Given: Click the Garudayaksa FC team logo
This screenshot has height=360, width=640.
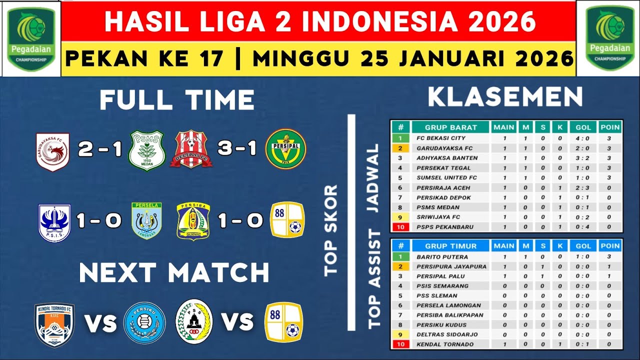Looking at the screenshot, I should click(52, 150).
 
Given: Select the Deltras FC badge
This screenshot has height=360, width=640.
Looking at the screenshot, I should click(190, 149).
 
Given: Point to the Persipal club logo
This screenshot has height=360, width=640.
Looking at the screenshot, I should click(285, 149).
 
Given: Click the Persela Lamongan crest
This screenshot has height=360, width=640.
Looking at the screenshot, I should click(146, 221).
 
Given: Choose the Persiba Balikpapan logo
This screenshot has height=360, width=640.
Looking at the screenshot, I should click(193, 221).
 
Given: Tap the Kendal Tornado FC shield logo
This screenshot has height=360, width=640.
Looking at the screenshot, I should click(54, 324).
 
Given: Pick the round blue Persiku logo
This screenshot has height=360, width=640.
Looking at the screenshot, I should click(144, 323).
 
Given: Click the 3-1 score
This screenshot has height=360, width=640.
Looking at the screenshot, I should click(238, 149).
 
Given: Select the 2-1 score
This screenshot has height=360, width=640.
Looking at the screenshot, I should click(100, 149).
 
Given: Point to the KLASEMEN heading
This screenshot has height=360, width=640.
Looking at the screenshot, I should click(505, 97).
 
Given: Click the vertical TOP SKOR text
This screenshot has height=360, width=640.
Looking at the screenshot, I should click(331, 230).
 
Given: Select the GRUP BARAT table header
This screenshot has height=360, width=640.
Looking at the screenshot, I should click(451, 127).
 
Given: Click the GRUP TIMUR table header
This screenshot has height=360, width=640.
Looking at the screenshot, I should click(451, 246).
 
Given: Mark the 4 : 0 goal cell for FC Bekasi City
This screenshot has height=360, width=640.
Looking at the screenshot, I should click(583, 138).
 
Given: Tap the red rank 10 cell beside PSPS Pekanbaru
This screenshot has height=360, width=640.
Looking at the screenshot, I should click(400, 227).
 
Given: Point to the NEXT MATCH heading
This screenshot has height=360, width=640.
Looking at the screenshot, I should click(174, 273).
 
